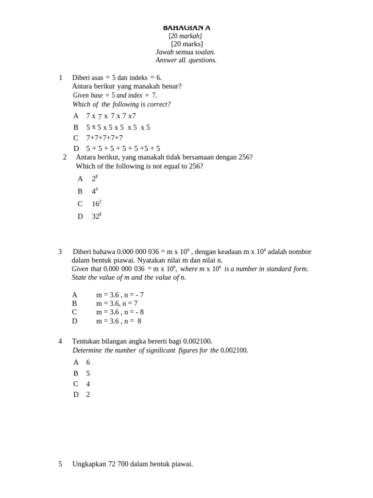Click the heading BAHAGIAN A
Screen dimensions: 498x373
[x=186, y=28]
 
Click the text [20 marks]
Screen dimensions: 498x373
[x=186, y=44]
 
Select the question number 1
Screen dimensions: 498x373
[x=61, y=78]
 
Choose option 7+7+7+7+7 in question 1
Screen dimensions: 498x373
[x=104, y=138]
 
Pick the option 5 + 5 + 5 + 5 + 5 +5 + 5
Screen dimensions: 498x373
[x=123, y=149]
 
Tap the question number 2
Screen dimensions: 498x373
[x=65, y=157]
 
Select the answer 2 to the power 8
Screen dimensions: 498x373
[x=95, y=179]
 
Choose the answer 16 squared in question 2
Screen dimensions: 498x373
[x=96, y=204]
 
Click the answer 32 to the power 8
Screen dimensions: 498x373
[x=96, y=217]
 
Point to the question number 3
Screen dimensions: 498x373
[x=60, y=252]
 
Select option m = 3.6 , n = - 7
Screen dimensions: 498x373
[x=120, y=295]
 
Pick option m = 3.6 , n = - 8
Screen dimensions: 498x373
[x=120, y=312]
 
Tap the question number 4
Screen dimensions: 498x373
[x=60, y=341]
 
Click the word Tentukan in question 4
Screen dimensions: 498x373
[x=85, y=341]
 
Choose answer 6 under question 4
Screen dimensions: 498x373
[x=88, y=363]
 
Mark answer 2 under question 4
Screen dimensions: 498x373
[x=88, y=395]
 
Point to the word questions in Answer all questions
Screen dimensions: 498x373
[x=203, y=60]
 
